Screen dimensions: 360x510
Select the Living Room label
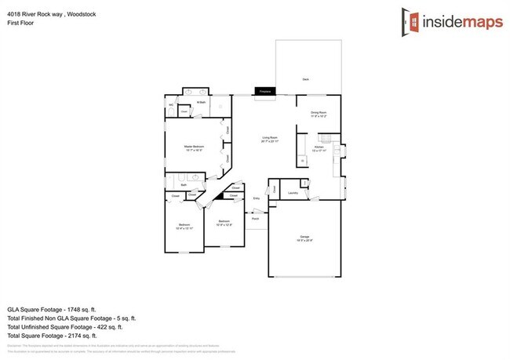(x=270, y=140)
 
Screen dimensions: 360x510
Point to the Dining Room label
(x=319, y=113)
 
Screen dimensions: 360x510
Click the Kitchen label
(x=319, y=147)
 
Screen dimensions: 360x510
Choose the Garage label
(x=305, y=238)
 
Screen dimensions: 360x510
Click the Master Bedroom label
(x=194, y=147)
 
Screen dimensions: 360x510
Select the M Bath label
(x=201, y=102)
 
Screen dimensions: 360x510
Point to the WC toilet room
(x=171, y=105)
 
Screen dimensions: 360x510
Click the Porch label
(x=255, y=219)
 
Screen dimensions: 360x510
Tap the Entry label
(x=256, y=198)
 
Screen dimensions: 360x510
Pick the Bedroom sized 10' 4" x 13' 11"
(x=184, y=226)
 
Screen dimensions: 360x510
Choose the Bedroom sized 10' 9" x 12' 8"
(x=224, y=222)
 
